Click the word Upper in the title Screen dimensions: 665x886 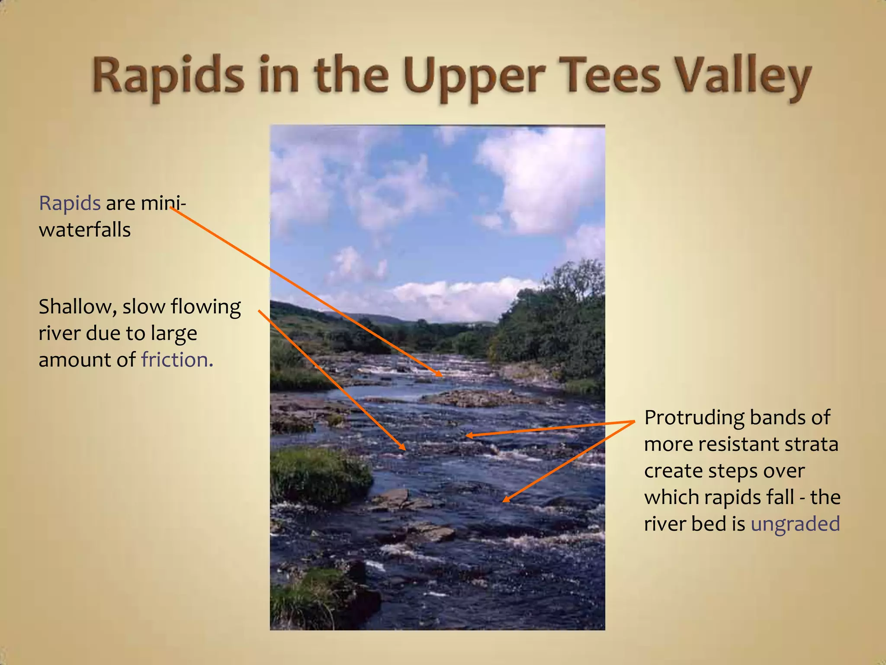click(x=474, y=77)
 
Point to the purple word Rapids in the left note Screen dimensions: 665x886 click(x=70, y=203)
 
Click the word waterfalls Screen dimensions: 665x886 click(x=85, y=230)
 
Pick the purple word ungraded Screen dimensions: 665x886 click(x=795, y=524)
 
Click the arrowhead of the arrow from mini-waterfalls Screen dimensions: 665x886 click(x=440, y=374)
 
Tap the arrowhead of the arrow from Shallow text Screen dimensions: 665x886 click(x=403, y=449)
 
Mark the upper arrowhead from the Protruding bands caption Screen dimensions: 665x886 click(x=468, y=436)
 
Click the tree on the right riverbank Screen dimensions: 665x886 click(x=562, y=320)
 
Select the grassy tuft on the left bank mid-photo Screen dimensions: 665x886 click(x=320, y=474)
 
